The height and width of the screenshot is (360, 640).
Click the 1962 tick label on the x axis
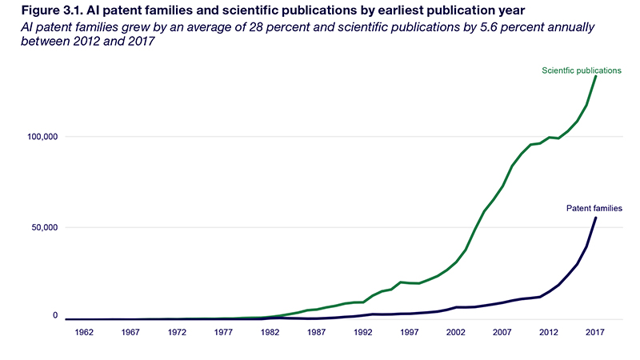tap(87, 332)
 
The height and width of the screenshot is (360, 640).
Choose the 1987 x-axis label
tap(318, 332)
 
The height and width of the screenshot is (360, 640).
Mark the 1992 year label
tap(364, 332)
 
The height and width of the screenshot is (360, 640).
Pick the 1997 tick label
tap(410, 332)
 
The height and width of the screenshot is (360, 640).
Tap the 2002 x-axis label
tap(456, 332)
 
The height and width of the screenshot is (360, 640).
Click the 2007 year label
tap(502, 332)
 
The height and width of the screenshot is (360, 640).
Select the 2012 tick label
tap(549, 332)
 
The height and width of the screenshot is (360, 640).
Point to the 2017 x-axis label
tap(594, 332)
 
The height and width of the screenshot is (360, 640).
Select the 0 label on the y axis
tap(57, 317)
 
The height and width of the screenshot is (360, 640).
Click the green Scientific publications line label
tap(582, 70)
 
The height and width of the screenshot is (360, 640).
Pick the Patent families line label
tap(594, 208)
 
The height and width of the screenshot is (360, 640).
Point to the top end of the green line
tap(595, 76)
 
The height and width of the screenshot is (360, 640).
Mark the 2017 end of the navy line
tap(595, 218)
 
